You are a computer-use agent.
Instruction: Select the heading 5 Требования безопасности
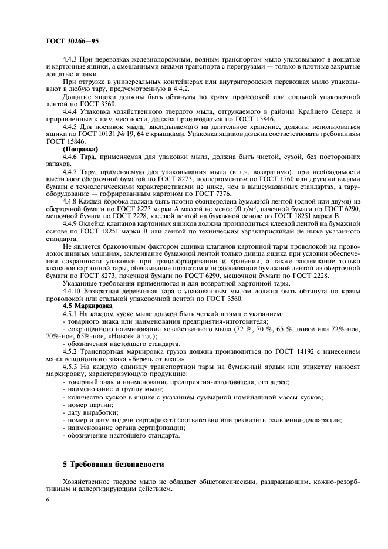(113, 464)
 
